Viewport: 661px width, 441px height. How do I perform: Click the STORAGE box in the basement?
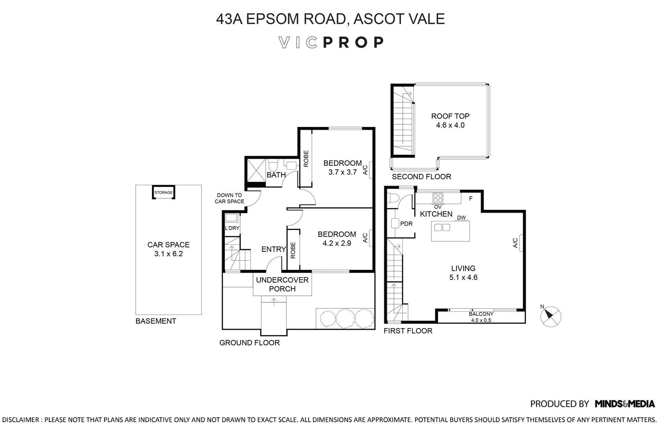163,193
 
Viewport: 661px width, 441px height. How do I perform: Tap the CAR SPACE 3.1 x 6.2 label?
168,249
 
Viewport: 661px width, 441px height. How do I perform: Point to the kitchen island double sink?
442,228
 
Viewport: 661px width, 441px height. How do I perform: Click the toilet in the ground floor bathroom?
273,166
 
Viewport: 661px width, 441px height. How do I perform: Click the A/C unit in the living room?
521,243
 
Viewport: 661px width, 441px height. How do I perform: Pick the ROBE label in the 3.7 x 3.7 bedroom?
305,159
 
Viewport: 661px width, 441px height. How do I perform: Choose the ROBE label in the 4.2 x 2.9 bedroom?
293,250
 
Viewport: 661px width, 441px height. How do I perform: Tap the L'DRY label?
232,228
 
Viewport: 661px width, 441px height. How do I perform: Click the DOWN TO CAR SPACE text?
229,198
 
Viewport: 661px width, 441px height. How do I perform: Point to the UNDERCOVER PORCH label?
282,284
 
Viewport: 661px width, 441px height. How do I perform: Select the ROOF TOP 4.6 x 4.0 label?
450,120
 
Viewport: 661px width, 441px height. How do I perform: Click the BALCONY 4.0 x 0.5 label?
482,317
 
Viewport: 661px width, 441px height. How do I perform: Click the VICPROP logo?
331,42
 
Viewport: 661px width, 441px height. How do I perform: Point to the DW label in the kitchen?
461,217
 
